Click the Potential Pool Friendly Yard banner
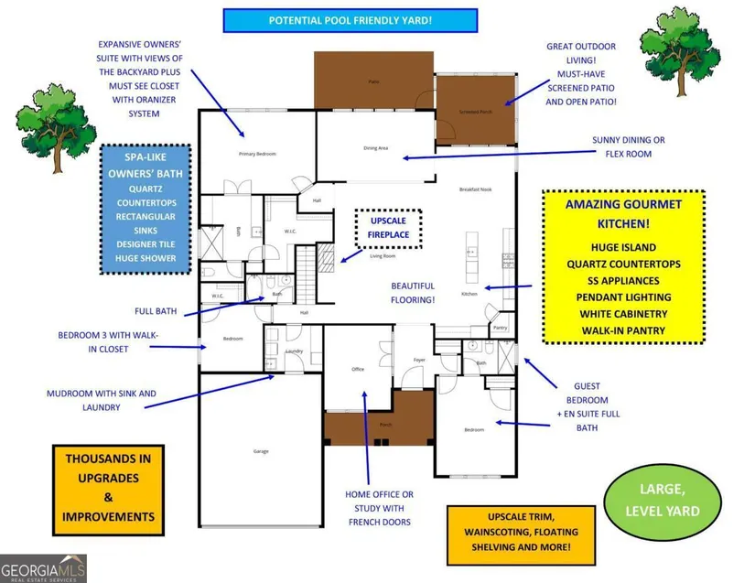[351, 20]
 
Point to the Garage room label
[261, 451]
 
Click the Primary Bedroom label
[257, 154]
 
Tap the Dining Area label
[376, 148]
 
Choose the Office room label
[358, 370]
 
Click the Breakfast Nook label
[476, 189]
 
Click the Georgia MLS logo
[43, 568]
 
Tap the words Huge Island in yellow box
[623, 247]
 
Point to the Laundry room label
[295, 351]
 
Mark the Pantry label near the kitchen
[500, 327]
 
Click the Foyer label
[419, 360]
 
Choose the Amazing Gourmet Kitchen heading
[623, 211]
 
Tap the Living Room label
[382, 256]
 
